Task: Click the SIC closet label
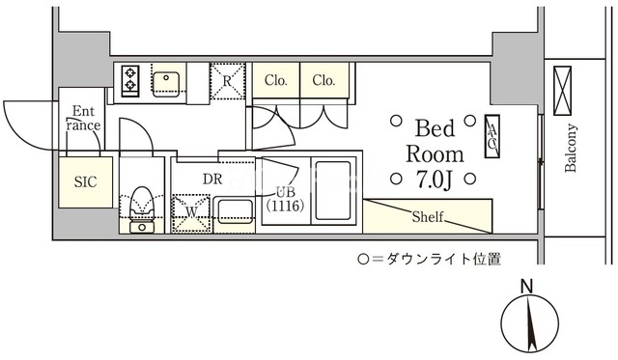pyautogui.click(x=85, y=182)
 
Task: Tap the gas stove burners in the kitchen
pyautogui.click(x=130, y=80)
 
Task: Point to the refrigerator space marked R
pyautogui.click(x=228, y=81)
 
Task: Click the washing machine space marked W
pyautogui.click(x=191, y=212)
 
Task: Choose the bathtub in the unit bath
pyautogui.click(x=333, y=191)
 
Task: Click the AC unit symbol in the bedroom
pyautogui.click(x=492, y=136)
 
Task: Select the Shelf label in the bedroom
pyautogui.click(x=427, y=216)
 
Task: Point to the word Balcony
pyautogui.click(x=571, y=148)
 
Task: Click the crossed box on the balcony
pyautogui.click(x=562, y=91)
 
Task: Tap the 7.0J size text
pyautogui.click(x=434, y=180)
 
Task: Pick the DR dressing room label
pyautogui.click(x=212, y=180)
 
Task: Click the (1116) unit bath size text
pyautogui.click(x=285, y=206)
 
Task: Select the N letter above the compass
pyautogui.click(x=526, y=286)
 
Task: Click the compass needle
pyautogui.click(x=530, y=322)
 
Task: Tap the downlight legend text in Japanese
pyautogui.click(x=429, y=260)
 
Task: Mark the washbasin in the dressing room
pyautogui.click(x=234, y=212)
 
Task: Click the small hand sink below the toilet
pyautogui.click(x=142, y=227)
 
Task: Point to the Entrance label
pyautogui.click(x=83, y=119)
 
